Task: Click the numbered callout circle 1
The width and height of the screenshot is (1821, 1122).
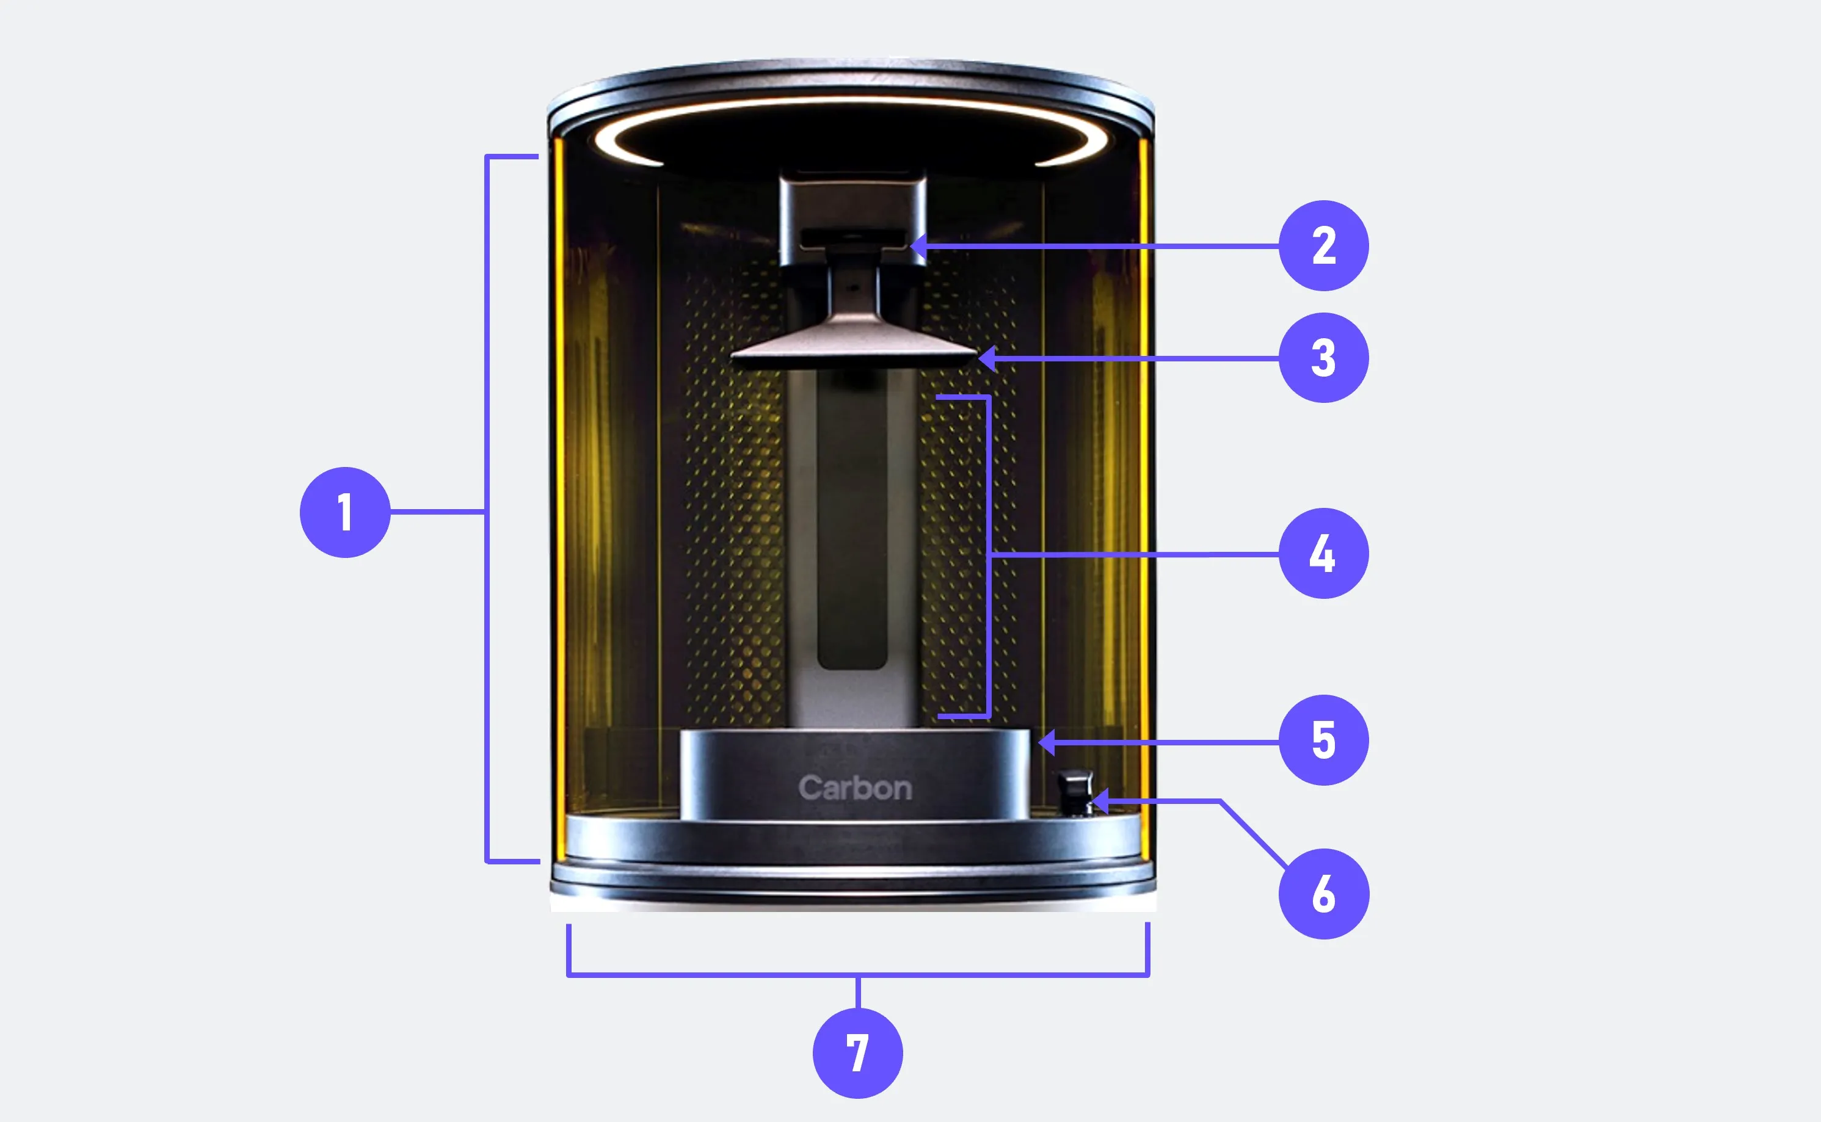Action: pos(345,512)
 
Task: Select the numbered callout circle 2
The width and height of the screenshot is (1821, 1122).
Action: pos(1324,245)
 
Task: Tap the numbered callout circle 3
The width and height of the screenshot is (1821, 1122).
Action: pos(1324,358)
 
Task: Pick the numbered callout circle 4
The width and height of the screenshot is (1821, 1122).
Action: pos(1324,554)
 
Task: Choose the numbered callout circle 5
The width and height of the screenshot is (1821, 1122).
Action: pos(1324,740)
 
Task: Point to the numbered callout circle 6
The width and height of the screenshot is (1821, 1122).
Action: pos(1324,894)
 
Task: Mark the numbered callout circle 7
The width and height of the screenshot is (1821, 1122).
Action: pos(858,1053)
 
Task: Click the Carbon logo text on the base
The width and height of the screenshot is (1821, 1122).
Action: pos(855,788)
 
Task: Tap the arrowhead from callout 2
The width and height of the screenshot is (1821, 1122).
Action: pos(918,245)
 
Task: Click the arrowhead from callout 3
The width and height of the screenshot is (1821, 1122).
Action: pos(987,358)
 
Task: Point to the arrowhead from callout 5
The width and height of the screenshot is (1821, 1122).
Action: pos(1047,741)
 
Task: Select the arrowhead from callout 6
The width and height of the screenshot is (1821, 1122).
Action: pos(1101,802)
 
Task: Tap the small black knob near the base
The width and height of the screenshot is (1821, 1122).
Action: pos(1075,792)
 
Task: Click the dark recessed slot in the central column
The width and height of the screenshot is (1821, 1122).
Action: pos(852,519)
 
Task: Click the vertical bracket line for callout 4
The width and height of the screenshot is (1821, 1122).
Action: pos(989,557)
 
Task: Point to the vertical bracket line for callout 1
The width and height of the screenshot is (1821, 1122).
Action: pos(487,509)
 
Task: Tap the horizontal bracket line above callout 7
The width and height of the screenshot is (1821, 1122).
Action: pos(858,974)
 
